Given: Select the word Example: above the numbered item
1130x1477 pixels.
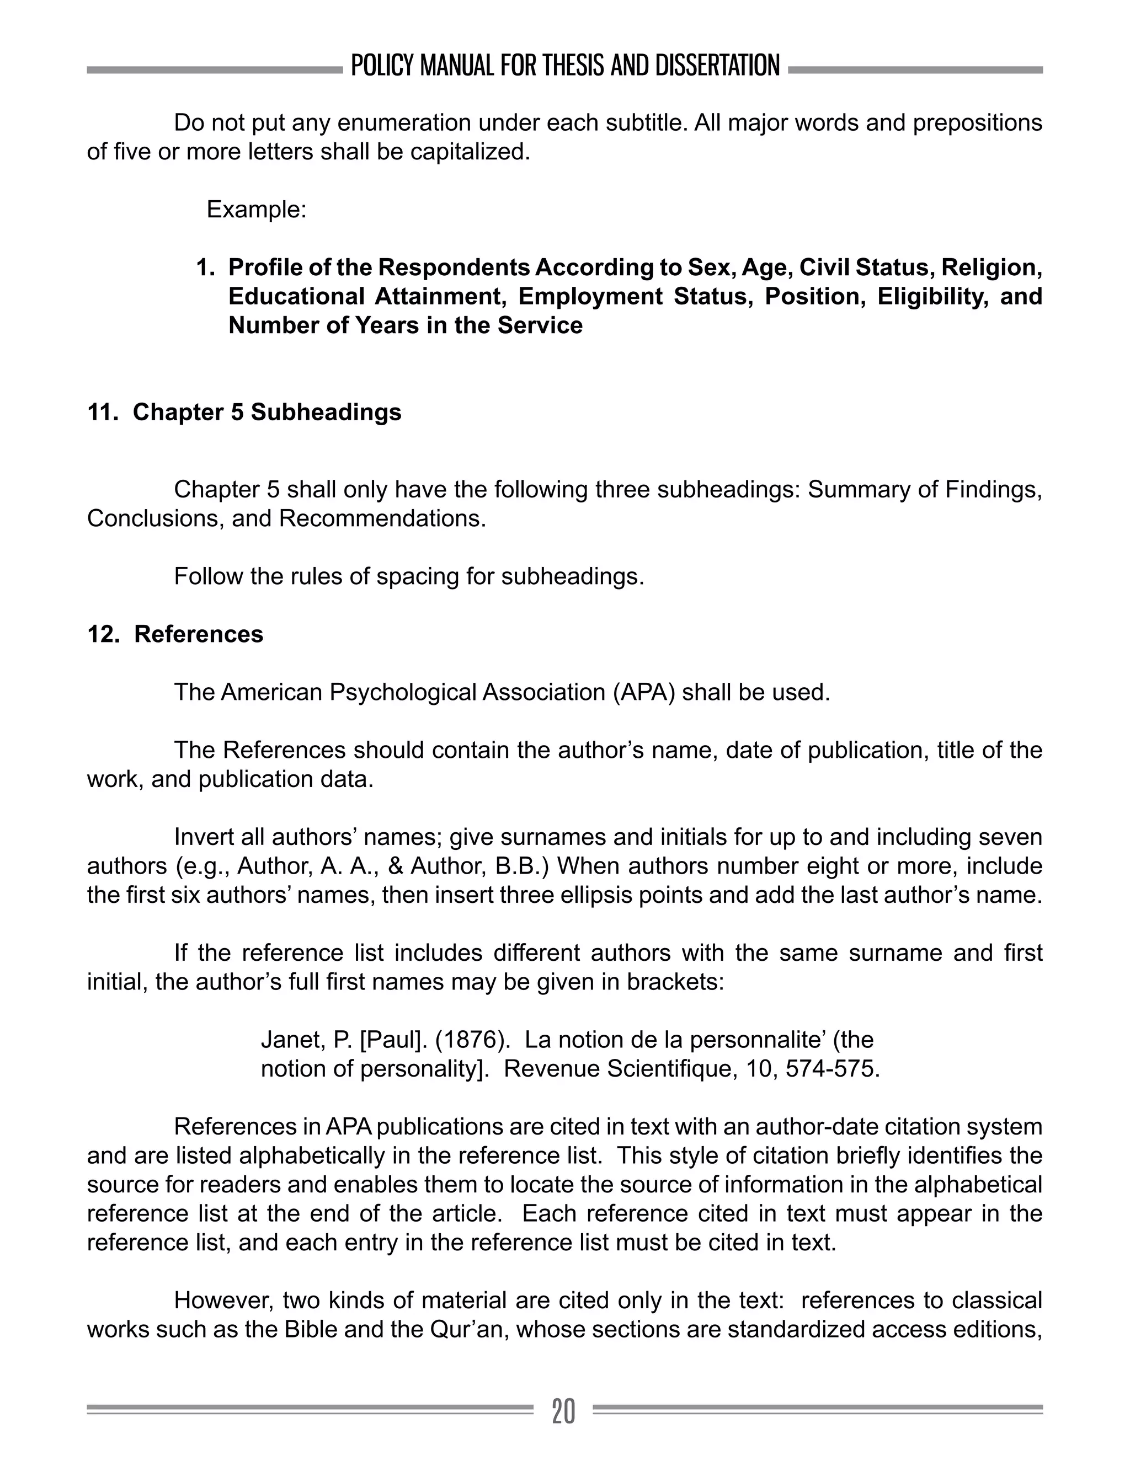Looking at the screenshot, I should pyautogui.click(x=256, y=210).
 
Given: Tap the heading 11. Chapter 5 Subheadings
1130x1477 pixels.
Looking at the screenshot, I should pyautogui.click(x=244, y=412).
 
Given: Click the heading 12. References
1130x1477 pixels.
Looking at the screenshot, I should pyautogui.click(x=175, y=634).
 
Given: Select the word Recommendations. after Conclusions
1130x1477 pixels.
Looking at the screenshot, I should pyautogui.click(x=382, y=518).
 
